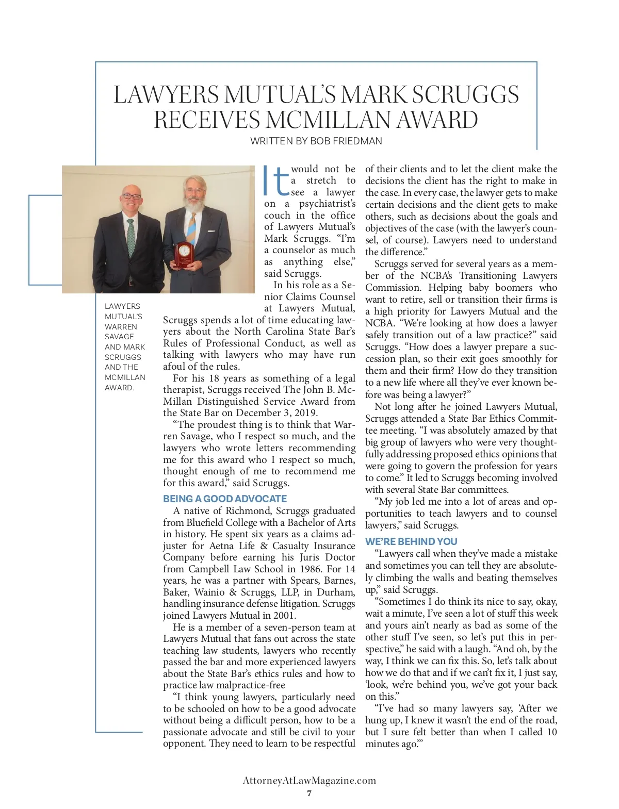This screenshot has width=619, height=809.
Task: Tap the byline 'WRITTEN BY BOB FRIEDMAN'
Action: click(x=316, y=141)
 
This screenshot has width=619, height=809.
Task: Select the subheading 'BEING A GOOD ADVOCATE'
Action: click(x=225, y=499)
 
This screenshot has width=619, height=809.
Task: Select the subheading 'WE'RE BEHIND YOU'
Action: click(x=411, y=541)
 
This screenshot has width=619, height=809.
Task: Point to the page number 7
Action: click(x=309, y=793)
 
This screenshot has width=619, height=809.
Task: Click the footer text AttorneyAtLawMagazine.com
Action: click(x=309, y=781)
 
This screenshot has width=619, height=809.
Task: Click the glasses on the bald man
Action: click(x=131, y=196)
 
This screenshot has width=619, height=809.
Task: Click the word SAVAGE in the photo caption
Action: click(x=119, y=337)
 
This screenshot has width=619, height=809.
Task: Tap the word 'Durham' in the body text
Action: click(x=335, y=592)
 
